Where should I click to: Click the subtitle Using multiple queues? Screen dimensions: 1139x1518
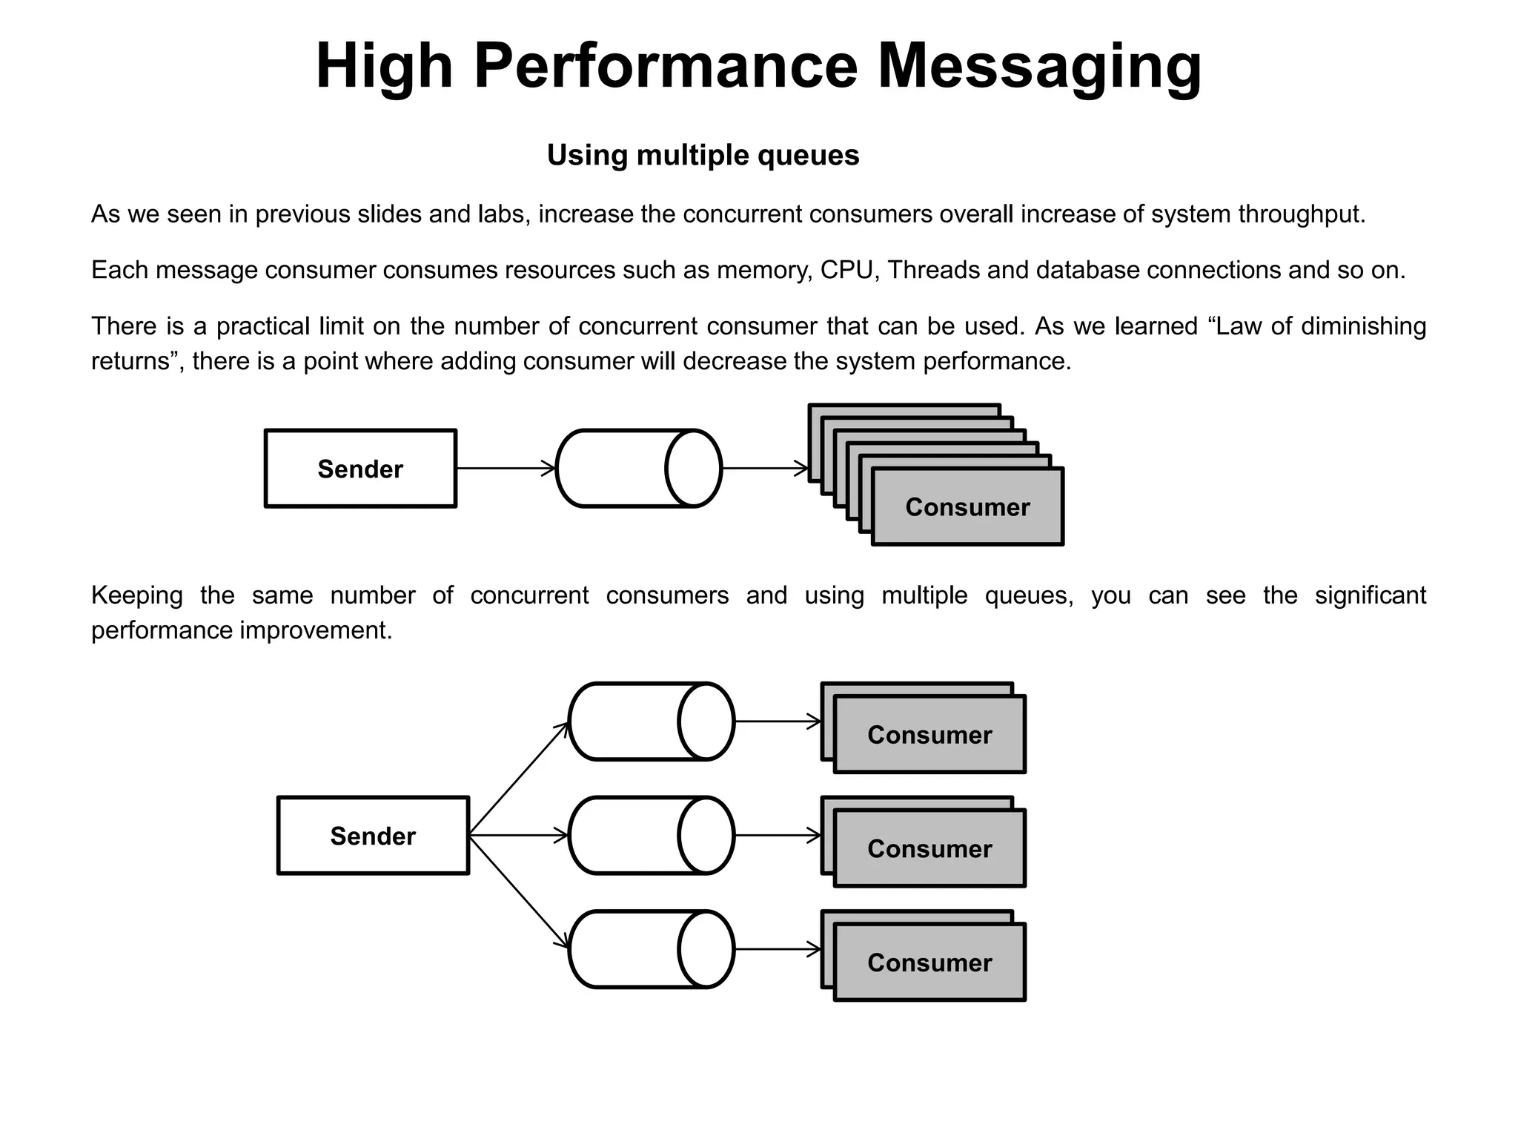pos(703,155)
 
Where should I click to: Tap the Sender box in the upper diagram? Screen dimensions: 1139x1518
pos(360,469)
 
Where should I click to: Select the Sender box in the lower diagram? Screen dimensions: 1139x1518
pos(373,836)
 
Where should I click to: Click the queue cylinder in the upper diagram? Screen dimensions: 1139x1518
pos(637,469)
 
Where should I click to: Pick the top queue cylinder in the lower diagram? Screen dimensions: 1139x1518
pos(651,722)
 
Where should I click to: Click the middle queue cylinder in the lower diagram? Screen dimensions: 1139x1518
pos(651,836)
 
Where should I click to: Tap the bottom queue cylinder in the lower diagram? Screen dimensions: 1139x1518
pos(651,949)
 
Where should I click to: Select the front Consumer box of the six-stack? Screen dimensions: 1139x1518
pos(967,507)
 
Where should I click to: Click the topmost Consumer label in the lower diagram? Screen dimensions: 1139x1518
pos(929,735)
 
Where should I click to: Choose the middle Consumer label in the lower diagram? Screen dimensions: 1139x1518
pos(929,849)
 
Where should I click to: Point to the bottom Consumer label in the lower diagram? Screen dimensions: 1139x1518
pos(929,963)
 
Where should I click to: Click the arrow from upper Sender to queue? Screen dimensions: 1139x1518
pos(506,469)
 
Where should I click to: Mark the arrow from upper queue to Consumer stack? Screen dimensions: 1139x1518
pos(764,469)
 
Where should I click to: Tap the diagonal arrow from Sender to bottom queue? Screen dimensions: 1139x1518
pos(519,893)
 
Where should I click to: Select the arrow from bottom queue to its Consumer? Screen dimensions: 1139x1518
pos(778,949)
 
